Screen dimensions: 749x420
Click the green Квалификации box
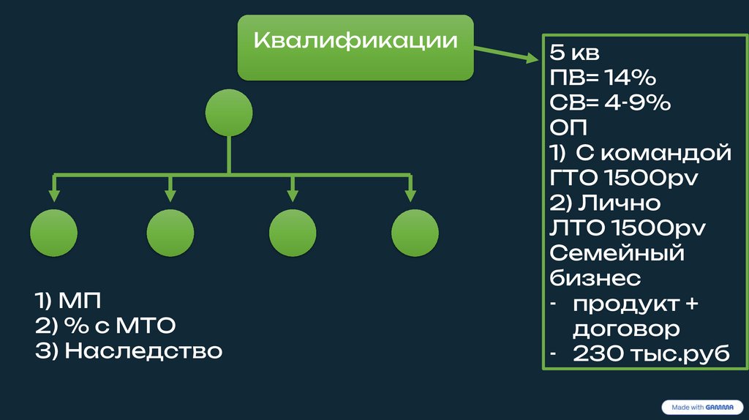click(x=355, y=47)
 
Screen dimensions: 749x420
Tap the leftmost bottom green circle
click(x=53, y=232)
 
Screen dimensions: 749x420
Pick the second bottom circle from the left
click(x=170, y=232)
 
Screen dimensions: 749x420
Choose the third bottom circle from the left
click(x=293, y=232)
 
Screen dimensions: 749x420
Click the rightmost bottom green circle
click(x=415, y=232)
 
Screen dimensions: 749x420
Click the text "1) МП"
click(x=69, y=300)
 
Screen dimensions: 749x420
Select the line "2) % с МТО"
click(x=105, y=326)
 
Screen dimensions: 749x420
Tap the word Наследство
click(x=143, y=351)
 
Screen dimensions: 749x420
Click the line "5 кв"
click(x=575, y=53)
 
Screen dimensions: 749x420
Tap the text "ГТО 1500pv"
click(x=621, y=178)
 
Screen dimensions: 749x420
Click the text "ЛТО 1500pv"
click(x=627, y=228)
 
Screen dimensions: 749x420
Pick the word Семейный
click(x=617, y=253)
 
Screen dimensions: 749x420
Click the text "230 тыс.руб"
click(x=652, y=353)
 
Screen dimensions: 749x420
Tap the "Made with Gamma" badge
click(x=702, y=407)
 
